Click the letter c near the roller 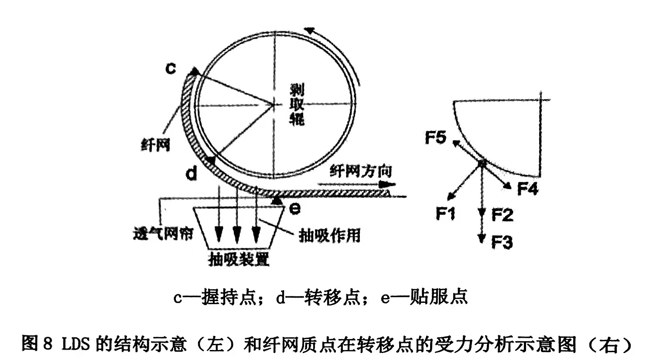(x=171, y=69)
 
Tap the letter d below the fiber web (x=191, y=173)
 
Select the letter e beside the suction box (x=295, y=209)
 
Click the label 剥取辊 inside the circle (x=297, y=105)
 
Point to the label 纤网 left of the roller (x=155, y=144)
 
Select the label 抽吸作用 (x=329, y=235)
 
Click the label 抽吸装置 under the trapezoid (x=239, y=259)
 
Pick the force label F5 (x=435, y=138)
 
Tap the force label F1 (x=445, y=214)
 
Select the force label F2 (x=502, y=215)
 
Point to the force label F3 (x=502, y=241)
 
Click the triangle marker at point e (x=276, y=200)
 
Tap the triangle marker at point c (x=195, y=71)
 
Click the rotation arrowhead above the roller (x=309, y=31)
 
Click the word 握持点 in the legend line (x=227, y=297)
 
